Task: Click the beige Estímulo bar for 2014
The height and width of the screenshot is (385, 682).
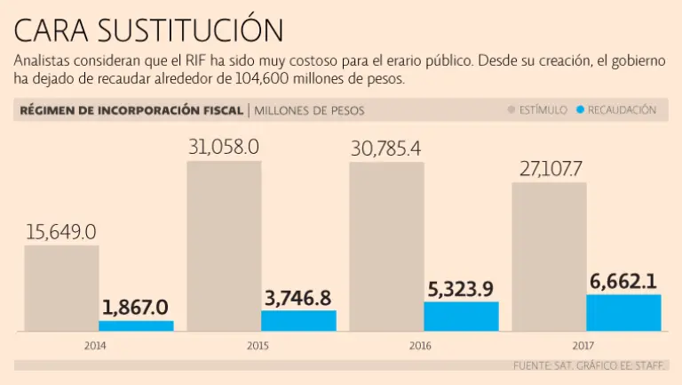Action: pyautogui.click(x=61, y=287)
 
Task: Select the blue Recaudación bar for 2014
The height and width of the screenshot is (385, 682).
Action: pyautogui.click(x=136, y=325)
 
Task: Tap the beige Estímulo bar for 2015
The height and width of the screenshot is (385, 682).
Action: pyautogui.click(x=224, y=245)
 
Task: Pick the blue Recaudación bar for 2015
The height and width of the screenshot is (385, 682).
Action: pyautogui.click(x=298, y=320)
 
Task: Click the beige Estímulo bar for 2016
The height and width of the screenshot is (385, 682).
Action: pyautogui.click(x=386, y=246)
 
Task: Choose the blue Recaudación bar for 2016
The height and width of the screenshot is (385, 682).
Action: pyautogui.click(x=461, y=316)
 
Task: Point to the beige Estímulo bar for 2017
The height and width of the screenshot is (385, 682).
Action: pyautogui.click(x=549, y=256)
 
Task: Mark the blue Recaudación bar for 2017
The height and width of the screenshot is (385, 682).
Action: pyautogui.click(x=623, y=312)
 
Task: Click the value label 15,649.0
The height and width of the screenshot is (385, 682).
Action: pyautogui.click(x=61, y=232)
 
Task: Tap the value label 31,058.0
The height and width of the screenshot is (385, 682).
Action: pyautogui.click(x=224, y=147)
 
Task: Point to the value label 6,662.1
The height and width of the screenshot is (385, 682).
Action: pyautogui.click(x=623, y=282)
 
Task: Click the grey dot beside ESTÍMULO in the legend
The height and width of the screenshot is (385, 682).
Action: pyautogui.click(x=511, y=110)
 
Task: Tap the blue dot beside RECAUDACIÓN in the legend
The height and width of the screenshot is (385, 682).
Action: pyautogui.click(x=580, y=110)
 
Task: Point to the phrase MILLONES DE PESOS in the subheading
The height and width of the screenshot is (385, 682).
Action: pyautogui.click(x=310, y=111)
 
